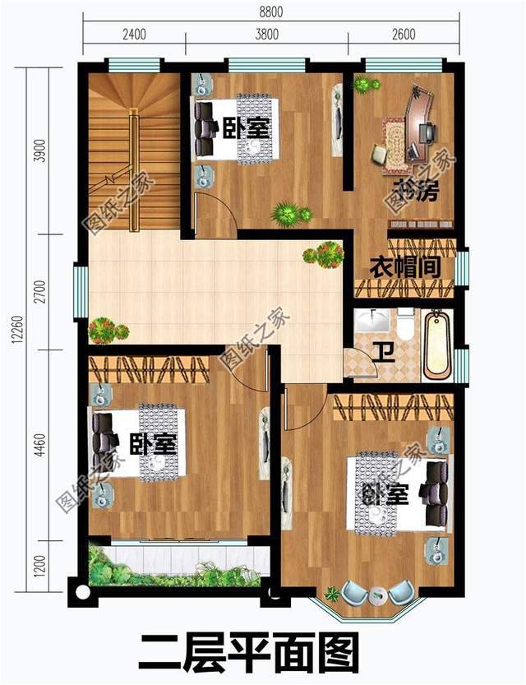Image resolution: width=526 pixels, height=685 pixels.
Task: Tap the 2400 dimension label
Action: click(134, 35)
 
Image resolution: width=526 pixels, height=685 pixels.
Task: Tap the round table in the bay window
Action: click(379, 594)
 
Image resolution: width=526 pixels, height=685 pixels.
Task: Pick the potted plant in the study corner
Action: click(362, 84)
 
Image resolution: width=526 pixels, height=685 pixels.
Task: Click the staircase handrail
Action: click(131, 148)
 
